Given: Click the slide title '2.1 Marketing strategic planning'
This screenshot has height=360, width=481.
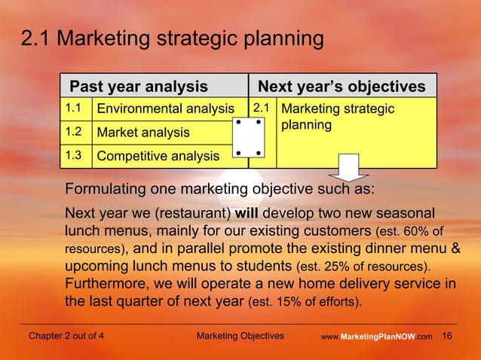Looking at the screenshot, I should pyautogui.click(x=172, y=38).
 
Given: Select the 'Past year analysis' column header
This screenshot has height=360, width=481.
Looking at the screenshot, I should pyautogui.click(x=138, y=87).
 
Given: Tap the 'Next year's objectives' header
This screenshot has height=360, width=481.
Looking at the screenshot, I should pyautogui.click(x=342, y=87).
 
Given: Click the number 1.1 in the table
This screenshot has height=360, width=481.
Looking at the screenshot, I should pyautogui.click(x=73, y=108).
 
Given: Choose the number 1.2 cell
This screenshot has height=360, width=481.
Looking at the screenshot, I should pyautogui.click(x=73, y=132).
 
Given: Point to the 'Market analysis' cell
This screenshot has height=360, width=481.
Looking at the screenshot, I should pyautogui.click(x=142, y=133).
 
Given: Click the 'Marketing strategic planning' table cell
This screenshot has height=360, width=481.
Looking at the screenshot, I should pyautogui.click(x=337, y=117).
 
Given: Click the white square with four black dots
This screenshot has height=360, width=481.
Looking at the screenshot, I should pyautogui.click(x=248, y=138).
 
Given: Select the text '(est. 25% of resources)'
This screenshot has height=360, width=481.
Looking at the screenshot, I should pyautogui.click(x=363, y=267).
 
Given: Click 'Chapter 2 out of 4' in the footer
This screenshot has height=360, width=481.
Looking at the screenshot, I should pyautogui.click(x=66, y=336).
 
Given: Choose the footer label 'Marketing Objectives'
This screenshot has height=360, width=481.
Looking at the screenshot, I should pyautogui.click(x=240, y=336).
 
